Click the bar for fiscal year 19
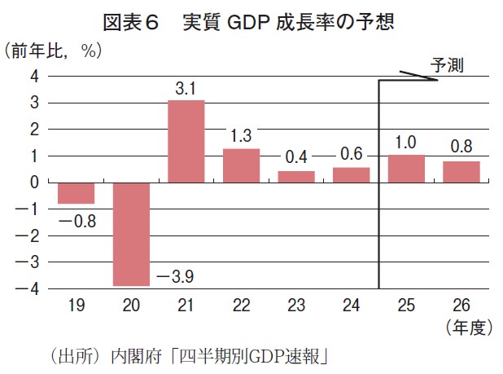(x=76, y=193)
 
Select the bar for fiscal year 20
(x=131, y=234)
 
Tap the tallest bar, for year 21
(x=186, y=141)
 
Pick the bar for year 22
(x=241, y=165)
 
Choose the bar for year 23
(x=296, y=177)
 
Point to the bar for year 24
(x=352, y=174)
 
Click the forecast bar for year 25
(x=406, y=169)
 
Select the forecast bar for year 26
(x=461, y=172)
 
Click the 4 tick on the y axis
(x=34, y=77)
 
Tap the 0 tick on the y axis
(x=34, y=183)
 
